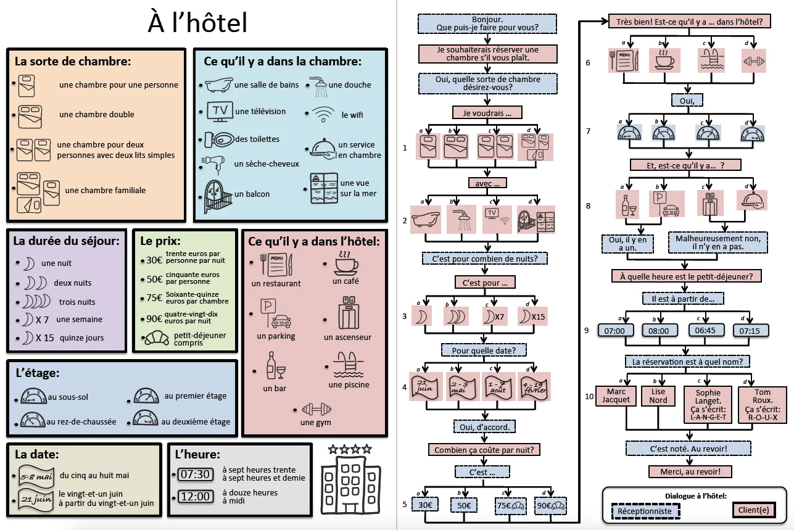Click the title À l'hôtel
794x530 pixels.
(x=197, y=23)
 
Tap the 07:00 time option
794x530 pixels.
(x=615, y=331)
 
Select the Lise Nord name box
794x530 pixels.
(x=658, y=395)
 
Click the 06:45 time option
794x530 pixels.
(x=705, y=331)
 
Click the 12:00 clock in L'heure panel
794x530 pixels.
(x=194, y=497)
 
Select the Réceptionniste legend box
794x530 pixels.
(x=645, y=511)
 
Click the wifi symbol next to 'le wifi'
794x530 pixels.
(x=323, y=114)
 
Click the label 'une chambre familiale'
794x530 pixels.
(x=105, y=191)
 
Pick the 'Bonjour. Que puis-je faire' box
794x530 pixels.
(x=487, y=23)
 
